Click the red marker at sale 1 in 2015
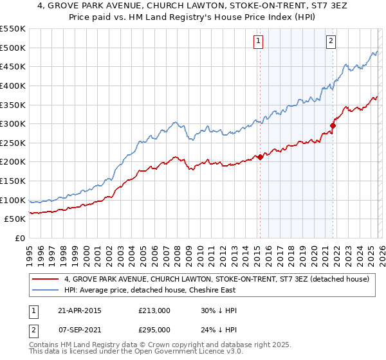coord(260,157)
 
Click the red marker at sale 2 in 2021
coord(333,125)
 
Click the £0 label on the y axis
coord(20,239)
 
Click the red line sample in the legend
coord(46,280)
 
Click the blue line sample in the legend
coord(46,290)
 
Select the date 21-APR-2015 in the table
coord(79,310)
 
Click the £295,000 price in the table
coord(154,329)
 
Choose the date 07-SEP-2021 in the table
coord(79,329)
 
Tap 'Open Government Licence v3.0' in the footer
coord(174,353)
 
